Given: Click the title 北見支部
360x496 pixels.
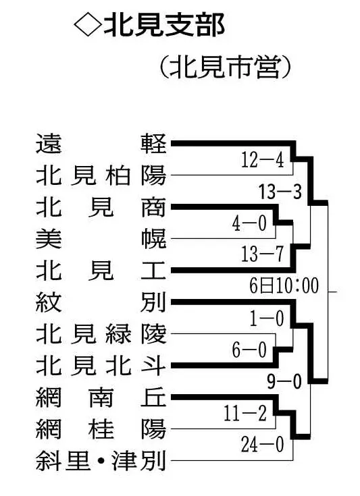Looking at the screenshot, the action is pyautogui.click(x=164, y=26).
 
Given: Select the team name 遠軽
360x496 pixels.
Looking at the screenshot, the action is pyautogui.click(x=101, y=144).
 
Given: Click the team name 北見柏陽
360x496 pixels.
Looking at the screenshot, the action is pyautogui.click(x=101, y=175).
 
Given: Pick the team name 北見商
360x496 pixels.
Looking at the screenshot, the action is pyautogui.click(x=101, y=207).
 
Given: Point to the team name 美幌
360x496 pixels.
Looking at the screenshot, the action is pyautogui.click(x=101, y=239).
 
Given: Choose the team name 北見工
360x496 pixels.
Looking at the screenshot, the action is pyautogui.click(x=101, y=271).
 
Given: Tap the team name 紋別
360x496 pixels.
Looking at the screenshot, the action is pyautogui.click(x=101, y=302).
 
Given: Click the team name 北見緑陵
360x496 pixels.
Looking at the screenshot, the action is pyautogui.click(x=101, y=334).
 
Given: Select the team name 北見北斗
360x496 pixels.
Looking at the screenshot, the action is pyautogui.click(x=101, y=365).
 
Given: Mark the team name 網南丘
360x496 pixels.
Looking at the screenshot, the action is pyautogui.click(x=101, y=397).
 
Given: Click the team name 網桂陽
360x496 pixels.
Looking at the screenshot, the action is pyautogui.click(x=101, y=429).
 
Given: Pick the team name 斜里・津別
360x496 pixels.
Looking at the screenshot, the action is pyautogui.click(x=101, y=460).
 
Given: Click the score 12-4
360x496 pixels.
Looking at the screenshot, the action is pyautogui.click(x=263, y=160).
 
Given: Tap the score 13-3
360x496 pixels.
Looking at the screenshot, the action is pyautogui.click(x=280, y=192).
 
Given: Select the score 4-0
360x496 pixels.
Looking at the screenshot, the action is pyautogui.click(x=249, y=223).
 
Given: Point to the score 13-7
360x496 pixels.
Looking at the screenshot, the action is pyautogui.click(x=263, y=254).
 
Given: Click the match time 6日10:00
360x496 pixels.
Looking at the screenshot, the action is pyautogui.click(x=284, y=286).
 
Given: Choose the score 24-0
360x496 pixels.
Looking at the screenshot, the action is pyautogui.click(x=263, y=445).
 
